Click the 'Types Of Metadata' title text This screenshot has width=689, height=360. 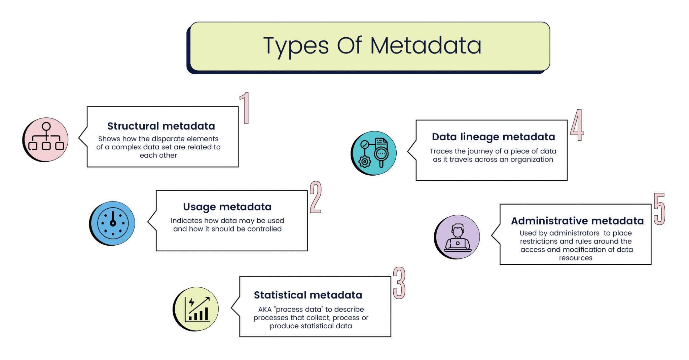pos(372,46)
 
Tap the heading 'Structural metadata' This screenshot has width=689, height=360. pos(161,126)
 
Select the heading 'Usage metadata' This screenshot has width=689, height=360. pos(227,207)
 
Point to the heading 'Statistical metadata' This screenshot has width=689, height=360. pos(308,295)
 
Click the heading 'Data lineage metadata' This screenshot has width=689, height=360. pos(493,137)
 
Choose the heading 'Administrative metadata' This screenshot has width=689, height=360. pos(577,221)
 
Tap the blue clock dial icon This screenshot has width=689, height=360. pos(113,223)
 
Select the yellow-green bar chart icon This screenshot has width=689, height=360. pos(196,309)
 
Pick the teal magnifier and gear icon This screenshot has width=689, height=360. pos(374,153)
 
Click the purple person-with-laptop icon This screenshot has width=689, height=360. pos(458,237)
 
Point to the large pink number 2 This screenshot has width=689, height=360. pos(316,197)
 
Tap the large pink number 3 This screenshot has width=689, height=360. pos(399,283)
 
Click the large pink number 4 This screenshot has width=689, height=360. pos(577,125)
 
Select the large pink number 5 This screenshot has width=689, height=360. pos(659,209)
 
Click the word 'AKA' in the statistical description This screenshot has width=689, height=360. pos(265,310)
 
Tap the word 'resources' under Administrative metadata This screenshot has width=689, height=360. pos(576,258)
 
